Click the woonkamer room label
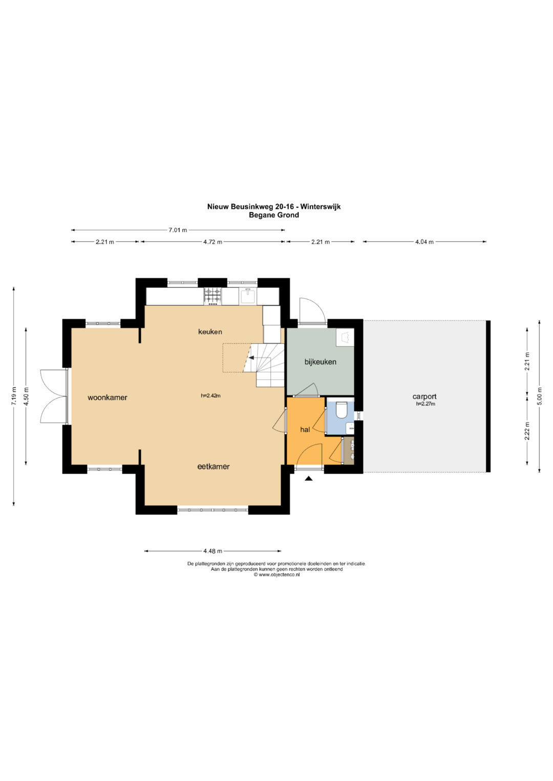[x=107, y=397]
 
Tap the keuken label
[x=210, y=331]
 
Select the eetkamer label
[x=214, y=466]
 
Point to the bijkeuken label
[x=320, y=362]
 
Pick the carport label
[x=424, y=396]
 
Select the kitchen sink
[x=248, y=296]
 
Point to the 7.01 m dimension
[x=178, y=230]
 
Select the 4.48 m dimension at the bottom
[x=212, y=551]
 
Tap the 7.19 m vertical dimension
[x=14, y=396]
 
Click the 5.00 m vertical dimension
[x=540, y=396]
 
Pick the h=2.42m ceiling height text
[x=210, y=396]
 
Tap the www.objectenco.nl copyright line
[x=276, y=575]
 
